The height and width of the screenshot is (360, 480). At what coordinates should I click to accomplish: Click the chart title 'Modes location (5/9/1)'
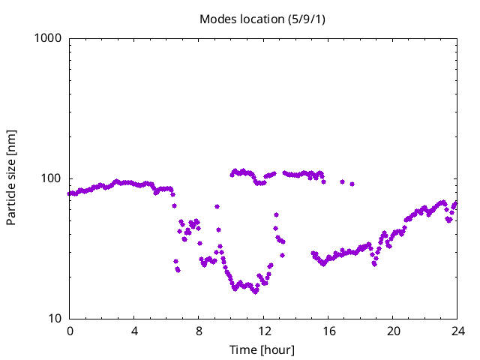pyautogui.click(x=262, y=19)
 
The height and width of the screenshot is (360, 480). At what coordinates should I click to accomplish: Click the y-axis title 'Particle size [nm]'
pyautogui.click(x=11, y=178)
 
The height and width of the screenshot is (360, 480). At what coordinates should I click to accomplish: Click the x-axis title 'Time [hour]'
pyautogui.click(x=262, y=350)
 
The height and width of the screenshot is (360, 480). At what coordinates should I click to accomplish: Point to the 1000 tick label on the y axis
pyautogui.click(x=49, y=38)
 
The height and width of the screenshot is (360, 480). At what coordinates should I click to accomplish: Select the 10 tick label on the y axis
pyautogui.click(x=55, y=319)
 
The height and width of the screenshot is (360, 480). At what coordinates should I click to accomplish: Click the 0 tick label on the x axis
pyautogui.click(x=70, y=331)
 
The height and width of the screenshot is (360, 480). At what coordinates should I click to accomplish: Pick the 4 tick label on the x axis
pyautogui.click(x=134, y=331)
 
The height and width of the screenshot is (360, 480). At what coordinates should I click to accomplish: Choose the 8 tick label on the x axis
pyautogui.click(x=199, y=331)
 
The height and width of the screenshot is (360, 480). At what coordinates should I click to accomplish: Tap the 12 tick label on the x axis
pyautogui.click(x=263, y=331)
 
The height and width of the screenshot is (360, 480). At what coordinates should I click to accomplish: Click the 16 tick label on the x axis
pyautogui.click(x=328, y=331)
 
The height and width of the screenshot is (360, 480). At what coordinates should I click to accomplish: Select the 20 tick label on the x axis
pyautogui.click(x=392, y=331)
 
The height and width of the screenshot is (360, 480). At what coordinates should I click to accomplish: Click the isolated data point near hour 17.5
pyautogui.click(x=352, y=184)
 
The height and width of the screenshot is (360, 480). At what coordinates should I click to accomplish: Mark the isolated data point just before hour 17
pyautogui.click(x=342, y=181)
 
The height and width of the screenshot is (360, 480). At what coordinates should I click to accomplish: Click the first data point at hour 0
pyautogui.click(x=70, y=193)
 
